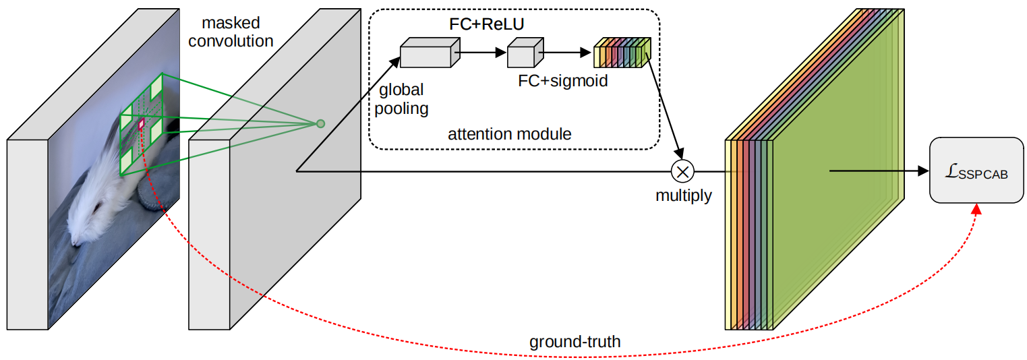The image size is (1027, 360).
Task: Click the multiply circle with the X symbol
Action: click(x=682, y=171)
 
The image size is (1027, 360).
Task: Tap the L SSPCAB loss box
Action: click(x=976, y=171)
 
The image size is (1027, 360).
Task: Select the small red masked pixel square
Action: click(x=142, y=124)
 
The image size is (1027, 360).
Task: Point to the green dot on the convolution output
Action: click(x=321, y=123)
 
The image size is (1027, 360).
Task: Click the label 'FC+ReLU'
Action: click(x=487, y=24)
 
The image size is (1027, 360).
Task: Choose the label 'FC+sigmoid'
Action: click(x=562, y=82)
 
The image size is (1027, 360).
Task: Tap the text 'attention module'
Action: click(x=509, y=134)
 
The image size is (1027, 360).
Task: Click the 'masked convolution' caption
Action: click(x=231, y=32)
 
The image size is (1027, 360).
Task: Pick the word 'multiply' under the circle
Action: click(x=683, y=196)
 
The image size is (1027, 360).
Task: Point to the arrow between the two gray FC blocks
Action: click(x=483, y=51)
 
